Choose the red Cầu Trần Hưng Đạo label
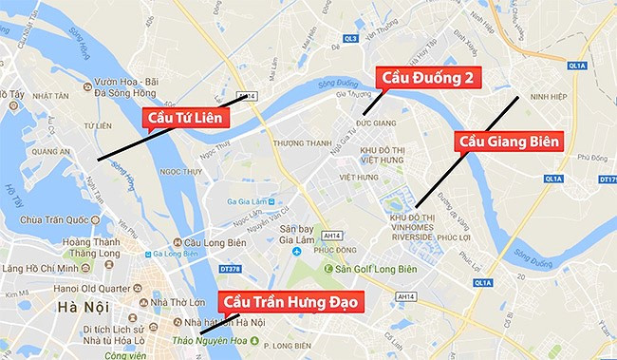click(291, 300)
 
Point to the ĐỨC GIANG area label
click(375, 124)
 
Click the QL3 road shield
click(350, 39)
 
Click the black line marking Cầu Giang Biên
click(465, 151)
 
